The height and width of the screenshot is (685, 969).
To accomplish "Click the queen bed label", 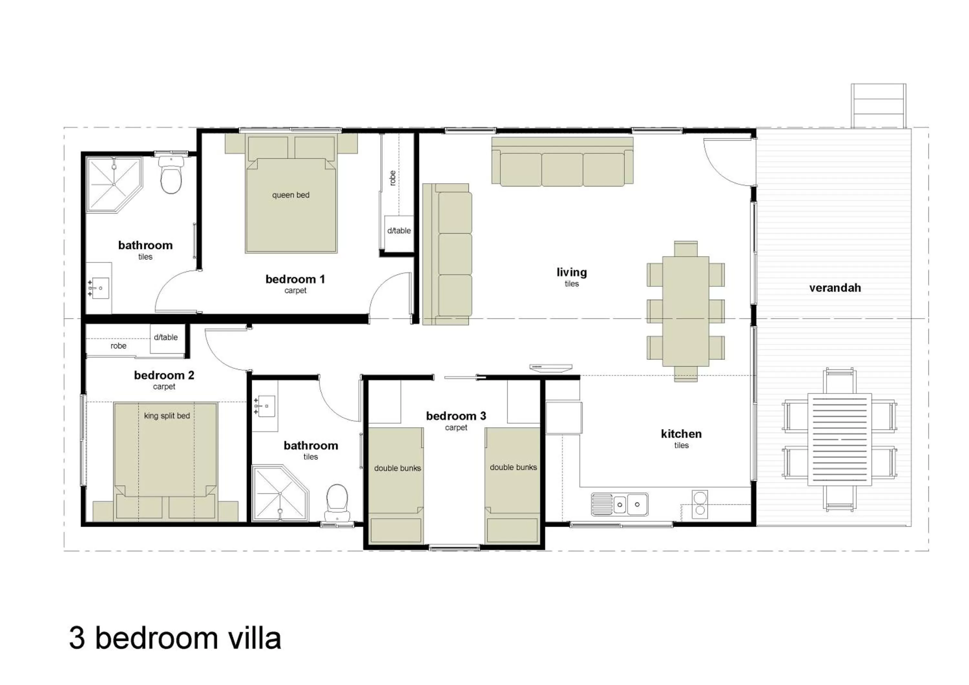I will tap(290, 195).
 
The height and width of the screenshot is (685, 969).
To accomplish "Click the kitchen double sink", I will tap(620, 505).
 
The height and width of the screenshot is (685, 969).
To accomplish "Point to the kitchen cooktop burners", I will tap(700, 504).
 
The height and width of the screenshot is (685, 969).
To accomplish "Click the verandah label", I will tap(835, 288).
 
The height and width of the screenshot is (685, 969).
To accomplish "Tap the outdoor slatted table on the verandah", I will tap(839, 440).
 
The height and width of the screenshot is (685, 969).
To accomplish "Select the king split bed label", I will tap(167, 416).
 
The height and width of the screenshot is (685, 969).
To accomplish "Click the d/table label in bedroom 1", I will tap(399, 231).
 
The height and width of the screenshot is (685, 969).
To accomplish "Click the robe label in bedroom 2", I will tap(119, 346).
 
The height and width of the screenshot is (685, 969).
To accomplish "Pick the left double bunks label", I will tap(397, 468).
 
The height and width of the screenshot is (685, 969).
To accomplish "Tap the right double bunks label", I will tap(513, 467).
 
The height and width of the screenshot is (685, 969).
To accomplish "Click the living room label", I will tap(571, 272).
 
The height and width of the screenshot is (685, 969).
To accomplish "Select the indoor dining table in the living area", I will tap(685, 311).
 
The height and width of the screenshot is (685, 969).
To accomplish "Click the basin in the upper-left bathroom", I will tap(100, 288).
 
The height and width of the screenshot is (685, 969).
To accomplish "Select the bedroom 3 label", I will tap(456, 416).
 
